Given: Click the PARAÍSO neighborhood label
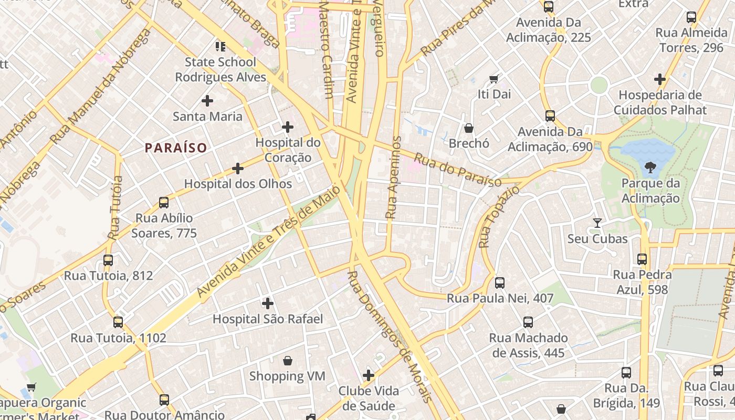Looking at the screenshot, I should point(176,148).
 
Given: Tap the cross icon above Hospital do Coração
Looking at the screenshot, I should point(288,127).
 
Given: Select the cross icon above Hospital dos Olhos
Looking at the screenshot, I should point(238,169).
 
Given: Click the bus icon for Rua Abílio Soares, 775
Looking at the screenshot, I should point(164,203).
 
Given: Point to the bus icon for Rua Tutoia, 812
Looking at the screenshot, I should point(108,260).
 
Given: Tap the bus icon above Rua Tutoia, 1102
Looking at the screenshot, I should point(118,322).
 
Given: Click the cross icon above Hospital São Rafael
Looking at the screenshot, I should point(268,303).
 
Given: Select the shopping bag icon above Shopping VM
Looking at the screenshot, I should point(287,361).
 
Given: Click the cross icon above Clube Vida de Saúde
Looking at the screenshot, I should point(369,375).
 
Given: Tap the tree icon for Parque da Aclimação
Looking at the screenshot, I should point(650,168).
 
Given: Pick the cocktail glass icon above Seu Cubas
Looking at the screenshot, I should point(597,223).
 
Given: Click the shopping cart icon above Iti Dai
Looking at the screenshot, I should point(494,79).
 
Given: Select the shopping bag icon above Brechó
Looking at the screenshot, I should point(469,128).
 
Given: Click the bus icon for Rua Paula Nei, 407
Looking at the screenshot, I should point(500,283).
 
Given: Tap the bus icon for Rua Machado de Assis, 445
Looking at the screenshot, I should point(528,322).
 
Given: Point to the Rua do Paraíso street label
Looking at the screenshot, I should point(457,170).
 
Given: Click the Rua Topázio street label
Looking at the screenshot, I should point(499,216).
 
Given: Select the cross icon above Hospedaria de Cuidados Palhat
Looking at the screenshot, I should point(660,80).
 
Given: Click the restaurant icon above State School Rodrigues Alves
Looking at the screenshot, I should point(220,47).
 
